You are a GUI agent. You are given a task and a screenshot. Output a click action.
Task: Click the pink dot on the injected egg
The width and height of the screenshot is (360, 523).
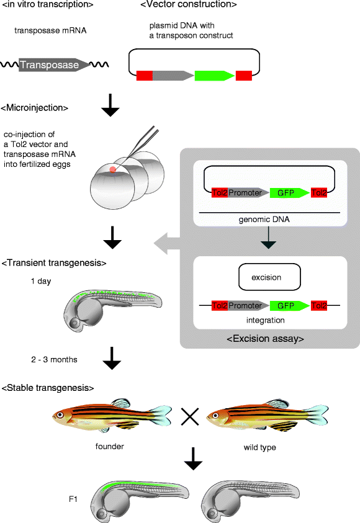pos(112,169)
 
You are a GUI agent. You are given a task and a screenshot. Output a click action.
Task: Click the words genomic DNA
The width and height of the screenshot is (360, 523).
pos(268,220)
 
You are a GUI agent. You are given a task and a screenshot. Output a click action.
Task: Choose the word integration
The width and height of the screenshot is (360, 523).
pos(268,321)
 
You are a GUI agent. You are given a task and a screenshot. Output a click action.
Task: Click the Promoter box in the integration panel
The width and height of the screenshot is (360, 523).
pos(248,306)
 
